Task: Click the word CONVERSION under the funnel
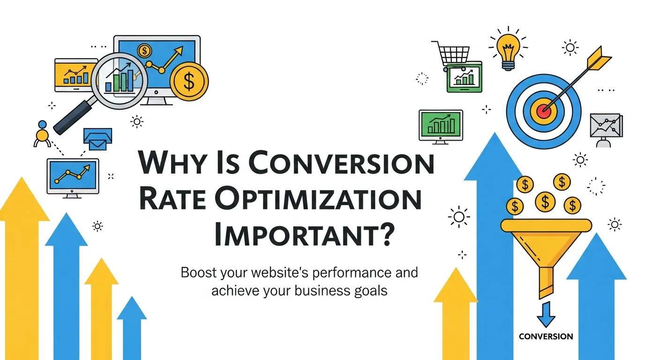tap(546, 336)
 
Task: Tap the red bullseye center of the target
tap(544, 110)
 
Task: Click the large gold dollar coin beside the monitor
tap(189, 82)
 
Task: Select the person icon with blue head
tap(42, 133)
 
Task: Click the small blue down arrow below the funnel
tap(545, 315)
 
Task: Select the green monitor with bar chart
tap(440, 125)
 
